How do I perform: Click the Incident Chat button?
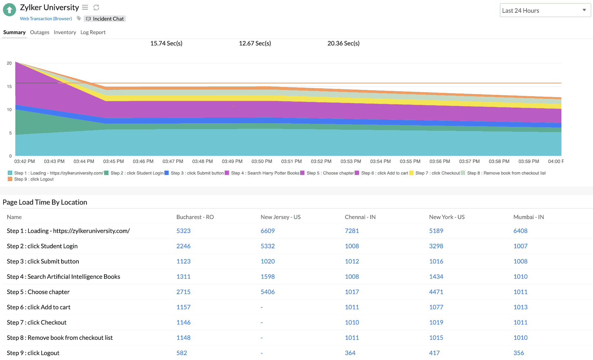coord(105,19)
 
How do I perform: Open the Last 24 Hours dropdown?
coord(545,11)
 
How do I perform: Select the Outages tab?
coord(40,32)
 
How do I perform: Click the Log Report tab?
coord(93,32)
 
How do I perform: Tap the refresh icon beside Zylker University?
coord(96,8)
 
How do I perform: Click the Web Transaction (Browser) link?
coord(46,19)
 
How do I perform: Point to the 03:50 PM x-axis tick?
coord(262,161)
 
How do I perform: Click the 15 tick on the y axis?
coord(9,87)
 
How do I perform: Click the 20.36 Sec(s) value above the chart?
coord(343,43)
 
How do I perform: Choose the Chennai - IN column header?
coord(360,217)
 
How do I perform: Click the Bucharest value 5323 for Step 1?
coord(184,231)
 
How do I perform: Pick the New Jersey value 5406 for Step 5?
coord(268,292)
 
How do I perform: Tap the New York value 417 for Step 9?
coord(434,353)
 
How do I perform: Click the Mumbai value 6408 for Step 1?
coord(520,231)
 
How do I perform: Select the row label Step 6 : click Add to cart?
coord(39,307)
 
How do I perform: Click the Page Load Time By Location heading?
coord(45,202)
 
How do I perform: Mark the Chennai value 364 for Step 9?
coord(350,353)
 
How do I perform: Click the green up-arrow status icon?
coord(10,10)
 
